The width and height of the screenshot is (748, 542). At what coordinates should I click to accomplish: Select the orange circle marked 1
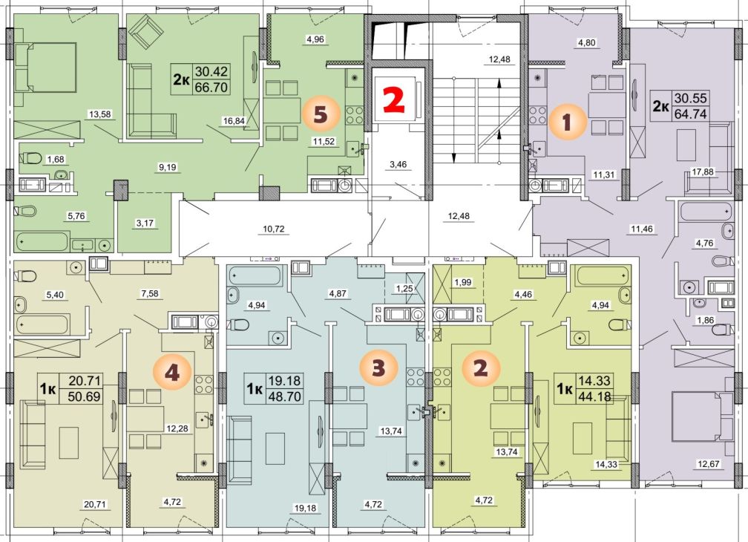[567, 123]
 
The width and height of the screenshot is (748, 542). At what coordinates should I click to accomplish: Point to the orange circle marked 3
[378, 368]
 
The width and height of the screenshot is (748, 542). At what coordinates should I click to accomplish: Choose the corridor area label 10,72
[273, 229]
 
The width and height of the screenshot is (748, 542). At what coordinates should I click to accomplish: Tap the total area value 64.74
[690, 114]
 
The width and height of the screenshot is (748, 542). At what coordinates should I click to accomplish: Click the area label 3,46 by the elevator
[398, 165]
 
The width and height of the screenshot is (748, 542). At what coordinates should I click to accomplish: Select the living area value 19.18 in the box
[285, 380]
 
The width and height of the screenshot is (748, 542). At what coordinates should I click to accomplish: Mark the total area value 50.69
[85, 396]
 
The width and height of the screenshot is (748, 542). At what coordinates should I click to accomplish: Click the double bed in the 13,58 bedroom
[45, 68]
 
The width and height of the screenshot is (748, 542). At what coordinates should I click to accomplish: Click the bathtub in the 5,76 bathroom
[42, 241]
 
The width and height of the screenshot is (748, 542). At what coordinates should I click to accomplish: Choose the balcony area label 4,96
[315, 39]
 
